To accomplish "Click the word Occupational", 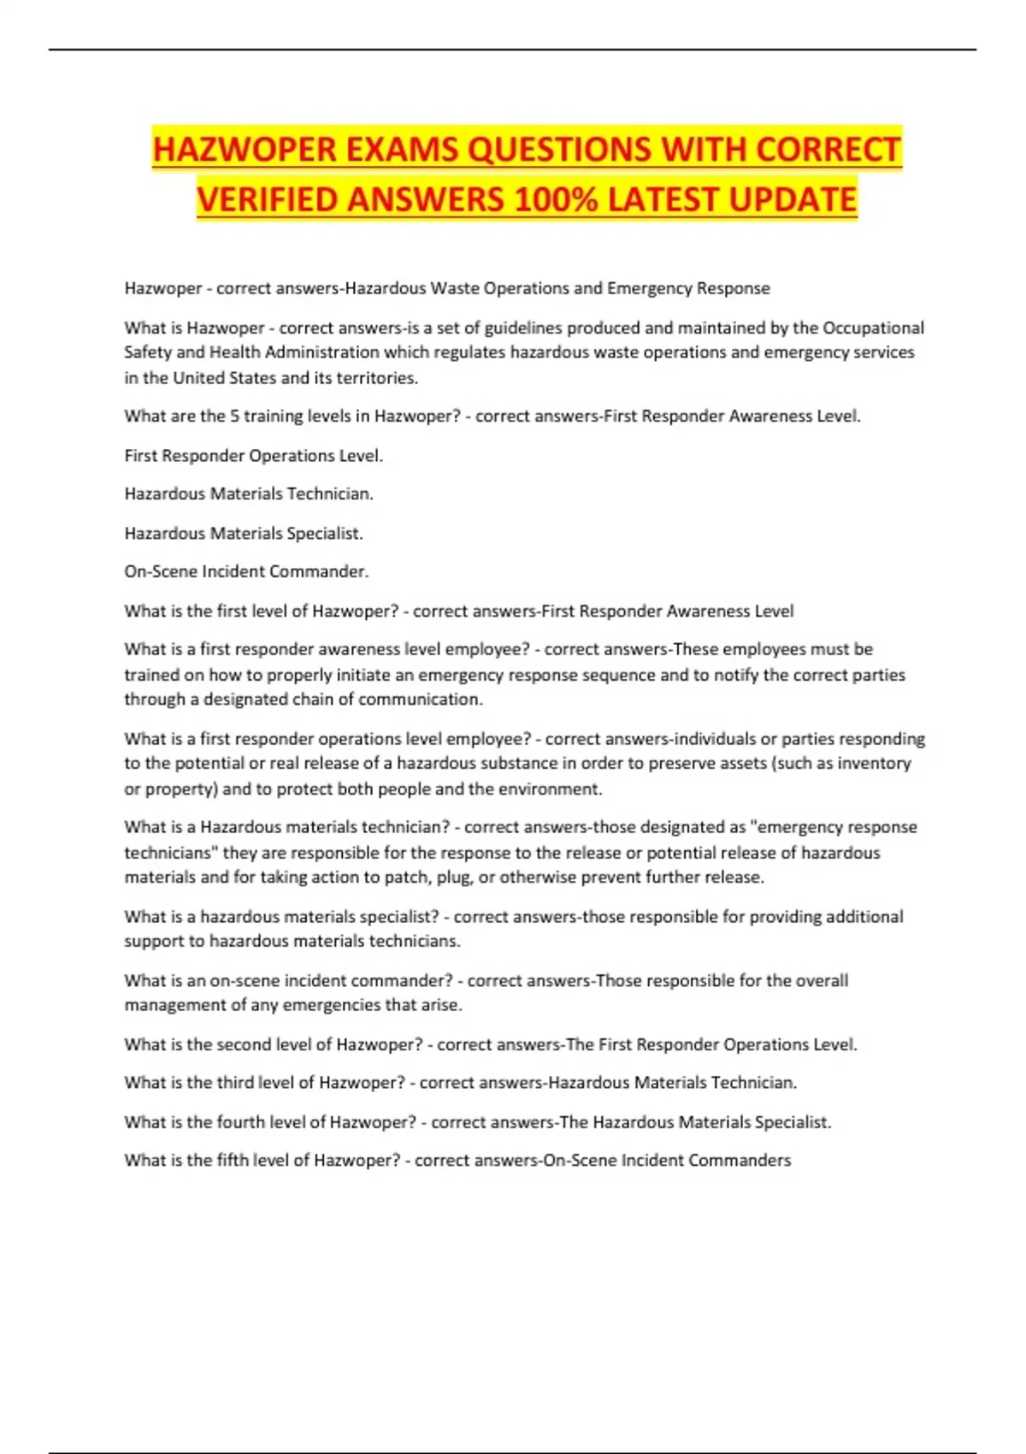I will pos(873,328).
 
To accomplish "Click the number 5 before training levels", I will pos(234,417).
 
